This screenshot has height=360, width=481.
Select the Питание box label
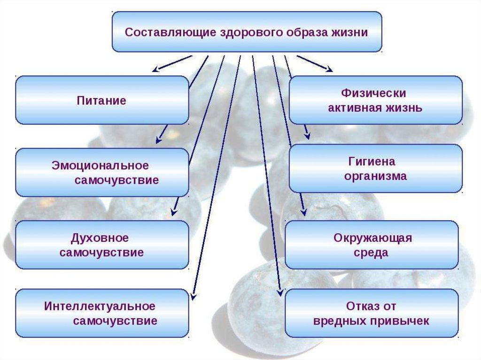pos(101,100)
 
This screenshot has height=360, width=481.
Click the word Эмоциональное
pos(100,166)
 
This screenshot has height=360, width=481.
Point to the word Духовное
pos(100,238)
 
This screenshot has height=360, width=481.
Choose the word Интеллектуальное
pos(100,306)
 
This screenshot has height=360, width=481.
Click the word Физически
pos(373,93)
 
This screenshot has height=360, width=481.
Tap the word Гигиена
pos(372,161)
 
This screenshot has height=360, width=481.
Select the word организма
pos(375,176)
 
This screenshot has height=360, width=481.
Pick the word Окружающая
pos(372,238)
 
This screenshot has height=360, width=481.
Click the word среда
pos(371,253)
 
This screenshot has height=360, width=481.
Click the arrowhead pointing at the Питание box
pos(156,69)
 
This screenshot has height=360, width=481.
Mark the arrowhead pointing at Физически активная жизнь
pos(329,69)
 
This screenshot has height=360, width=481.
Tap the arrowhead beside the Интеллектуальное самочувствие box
pos(193,297)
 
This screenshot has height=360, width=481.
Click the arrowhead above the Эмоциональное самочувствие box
pos(158,140)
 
